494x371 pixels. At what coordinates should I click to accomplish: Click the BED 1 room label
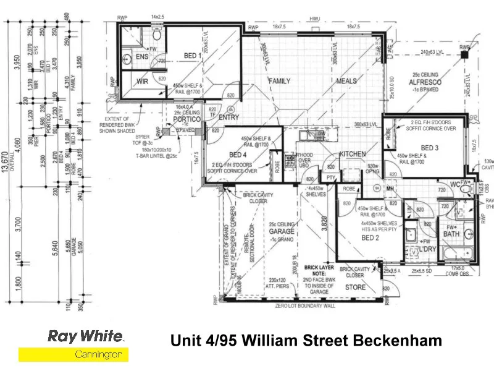[193, 55]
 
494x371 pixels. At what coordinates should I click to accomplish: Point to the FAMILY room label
[279, 81]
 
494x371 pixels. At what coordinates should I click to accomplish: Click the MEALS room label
[346, 81]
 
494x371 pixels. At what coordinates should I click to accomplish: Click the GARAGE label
[281, 231]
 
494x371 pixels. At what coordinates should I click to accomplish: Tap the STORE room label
[355, 287]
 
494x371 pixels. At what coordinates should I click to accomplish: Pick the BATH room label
[451, 234]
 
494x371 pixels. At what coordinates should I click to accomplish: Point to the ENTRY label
[228, 117]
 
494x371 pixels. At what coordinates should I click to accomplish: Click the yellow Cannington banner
[73, 354]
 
